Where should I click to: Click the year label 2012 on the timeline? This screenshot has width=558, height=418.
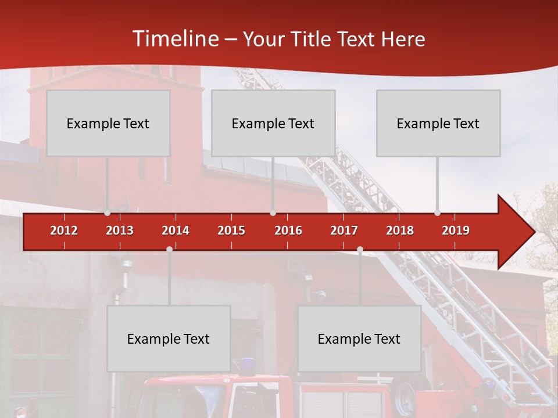tap(64, 230)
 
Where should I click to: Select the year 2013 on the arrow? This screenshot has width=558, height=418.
tap(120, 230)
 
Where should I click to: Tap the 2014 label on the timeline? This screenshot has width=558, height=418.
tap(176, 230)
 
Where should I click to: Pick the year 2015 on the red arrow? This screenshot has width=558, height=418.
tap(231, 230)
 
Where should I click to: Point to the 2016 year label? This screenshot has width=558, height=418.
tap(288, 230)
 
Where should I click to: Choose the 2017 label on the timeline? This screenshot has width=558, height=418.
tap(344, 230)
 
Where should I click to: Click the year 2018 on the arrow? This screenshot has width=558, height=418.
tap(400, 230)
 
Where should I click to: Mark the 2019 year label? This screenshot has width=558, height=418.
tap(456, 230)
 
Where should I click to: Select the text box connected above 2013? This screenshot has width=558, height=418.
tap(108, 123)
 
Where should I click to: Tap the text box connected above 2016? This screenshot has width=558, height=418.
tap(273, 123)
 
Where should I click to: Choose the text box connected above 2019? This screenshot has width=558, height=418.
tap(438, 123)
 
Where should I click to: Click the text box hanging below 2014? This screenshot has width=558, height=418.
tap(169, 338)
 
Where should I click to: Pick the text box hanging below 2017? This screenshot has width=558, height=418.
tap(359, 338)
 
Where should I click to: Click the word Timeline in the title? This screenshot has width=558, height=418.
tap(175, 39)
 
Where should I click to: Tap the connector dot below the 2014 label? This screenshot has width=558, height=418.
tap(169, 249)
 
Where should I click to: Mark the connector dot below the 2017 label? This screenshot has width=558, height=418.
tap(360, 249)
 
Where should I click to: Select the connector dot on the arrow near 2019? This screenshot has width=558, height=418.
tap(438, 212)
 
